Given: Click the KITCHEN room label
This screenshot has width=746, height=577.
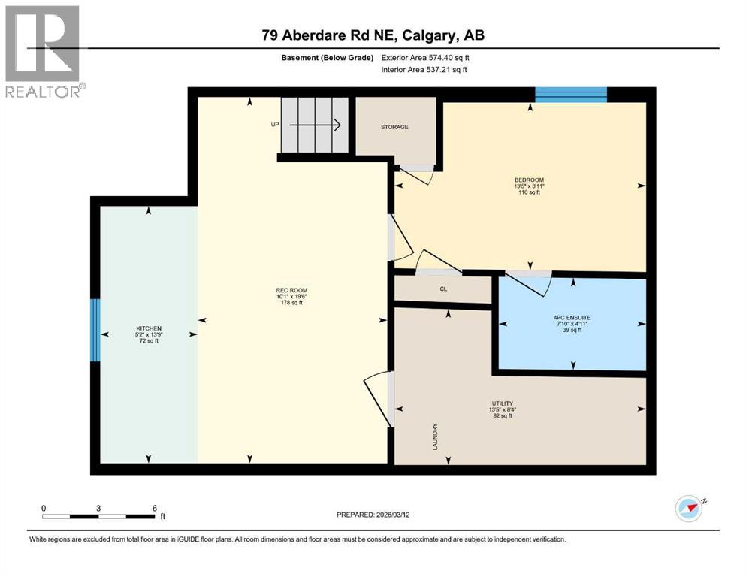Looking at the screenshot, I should point(148,328).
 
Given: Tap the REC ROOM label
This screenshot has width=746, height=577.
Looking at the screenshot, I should point(292,291).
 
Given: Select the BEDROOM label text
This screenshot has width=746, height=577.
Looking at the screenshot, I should point(528,180).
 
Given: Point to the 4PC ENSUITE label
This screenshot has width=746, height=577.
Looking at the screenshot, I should point(572,318).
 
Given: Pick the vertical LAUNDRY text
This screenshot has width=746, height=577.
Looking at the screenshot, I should point(435,436).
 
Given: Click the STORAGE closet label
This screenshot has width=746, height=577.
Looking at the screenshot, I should point(394,127).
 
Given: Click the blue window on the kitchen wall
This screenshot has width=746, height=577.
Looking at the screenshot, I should point(95,329).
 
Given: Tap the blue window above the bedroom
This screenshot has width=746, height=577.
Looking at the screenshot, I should point(570,94).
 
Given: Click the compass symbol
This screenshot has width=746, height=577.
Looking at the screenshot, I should point(690,509).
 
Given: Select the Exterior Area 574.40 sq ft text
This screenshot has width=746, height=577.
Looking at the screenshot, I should point(429,57).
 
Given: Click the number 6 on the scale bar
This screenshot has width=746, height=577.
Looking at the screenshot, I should point(154,508).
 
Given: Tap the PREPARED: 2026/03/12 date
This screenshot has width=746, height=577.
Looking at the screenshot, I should point(383,515).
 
